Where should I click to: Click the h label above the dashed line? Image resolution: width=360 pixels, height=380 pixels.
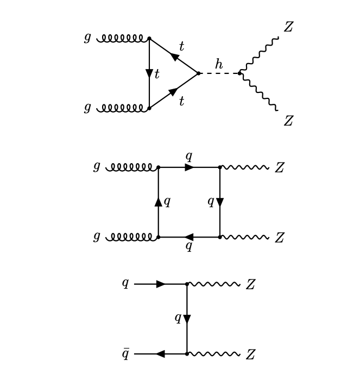coord(218,65)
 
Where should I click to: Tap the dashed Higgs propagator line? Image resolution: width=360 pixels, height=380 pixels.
coord(219,73)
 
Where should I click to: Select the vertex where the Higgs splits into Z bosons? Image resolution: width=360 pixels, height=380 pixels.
coord(239,73)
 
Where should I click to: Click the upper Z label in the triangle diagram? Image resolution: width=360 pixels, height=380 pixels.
coord(288,27)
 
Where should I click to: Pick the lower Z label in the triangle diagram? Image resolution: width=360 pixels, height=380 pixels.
coord(288,121)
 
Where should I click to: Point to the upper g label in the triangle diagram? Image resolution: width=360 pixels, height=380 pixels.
coord(87,38)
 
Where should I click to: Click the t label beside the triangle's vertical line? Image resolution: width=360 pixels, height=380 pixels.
coord(157,74)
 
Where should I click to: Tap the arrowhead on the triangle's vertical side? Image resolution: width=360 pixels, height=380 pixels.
coord(149,73)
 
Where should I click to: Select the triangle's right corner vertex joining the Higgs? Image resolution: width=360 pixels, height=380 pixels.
coord(199,73)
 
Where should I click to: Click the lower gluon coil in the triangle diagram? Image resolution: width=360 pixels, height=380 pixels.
coord(123,108)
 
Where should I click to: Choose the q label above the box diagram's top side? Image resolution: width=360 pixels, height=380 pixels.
coord(189,157)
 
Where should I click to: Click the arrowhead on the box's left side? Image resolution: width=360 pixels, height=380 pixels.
coord(159,202)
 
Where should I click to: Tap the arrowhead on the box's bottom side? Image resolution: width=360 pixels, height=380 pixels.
coord(188,237)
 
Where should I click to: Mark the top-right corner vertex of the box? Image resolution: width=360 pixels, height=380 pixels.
coord(220,167)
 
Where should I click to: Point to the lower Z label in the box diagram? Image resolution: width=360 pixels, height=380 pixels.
coord(279,238)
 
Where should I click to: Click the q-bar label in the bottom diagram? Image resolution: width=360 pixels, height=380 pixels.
coord(125,354)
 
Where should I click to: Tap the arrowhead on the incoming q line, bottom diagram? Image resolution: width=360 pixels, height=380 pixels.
coord(161,284)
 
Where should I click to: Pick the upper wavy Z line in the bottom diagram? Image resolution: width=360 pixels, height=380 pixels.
coord(214,284)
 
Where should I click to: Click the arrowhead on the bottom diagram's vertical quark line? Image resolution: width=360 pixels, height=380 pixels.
coord(187,319)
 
